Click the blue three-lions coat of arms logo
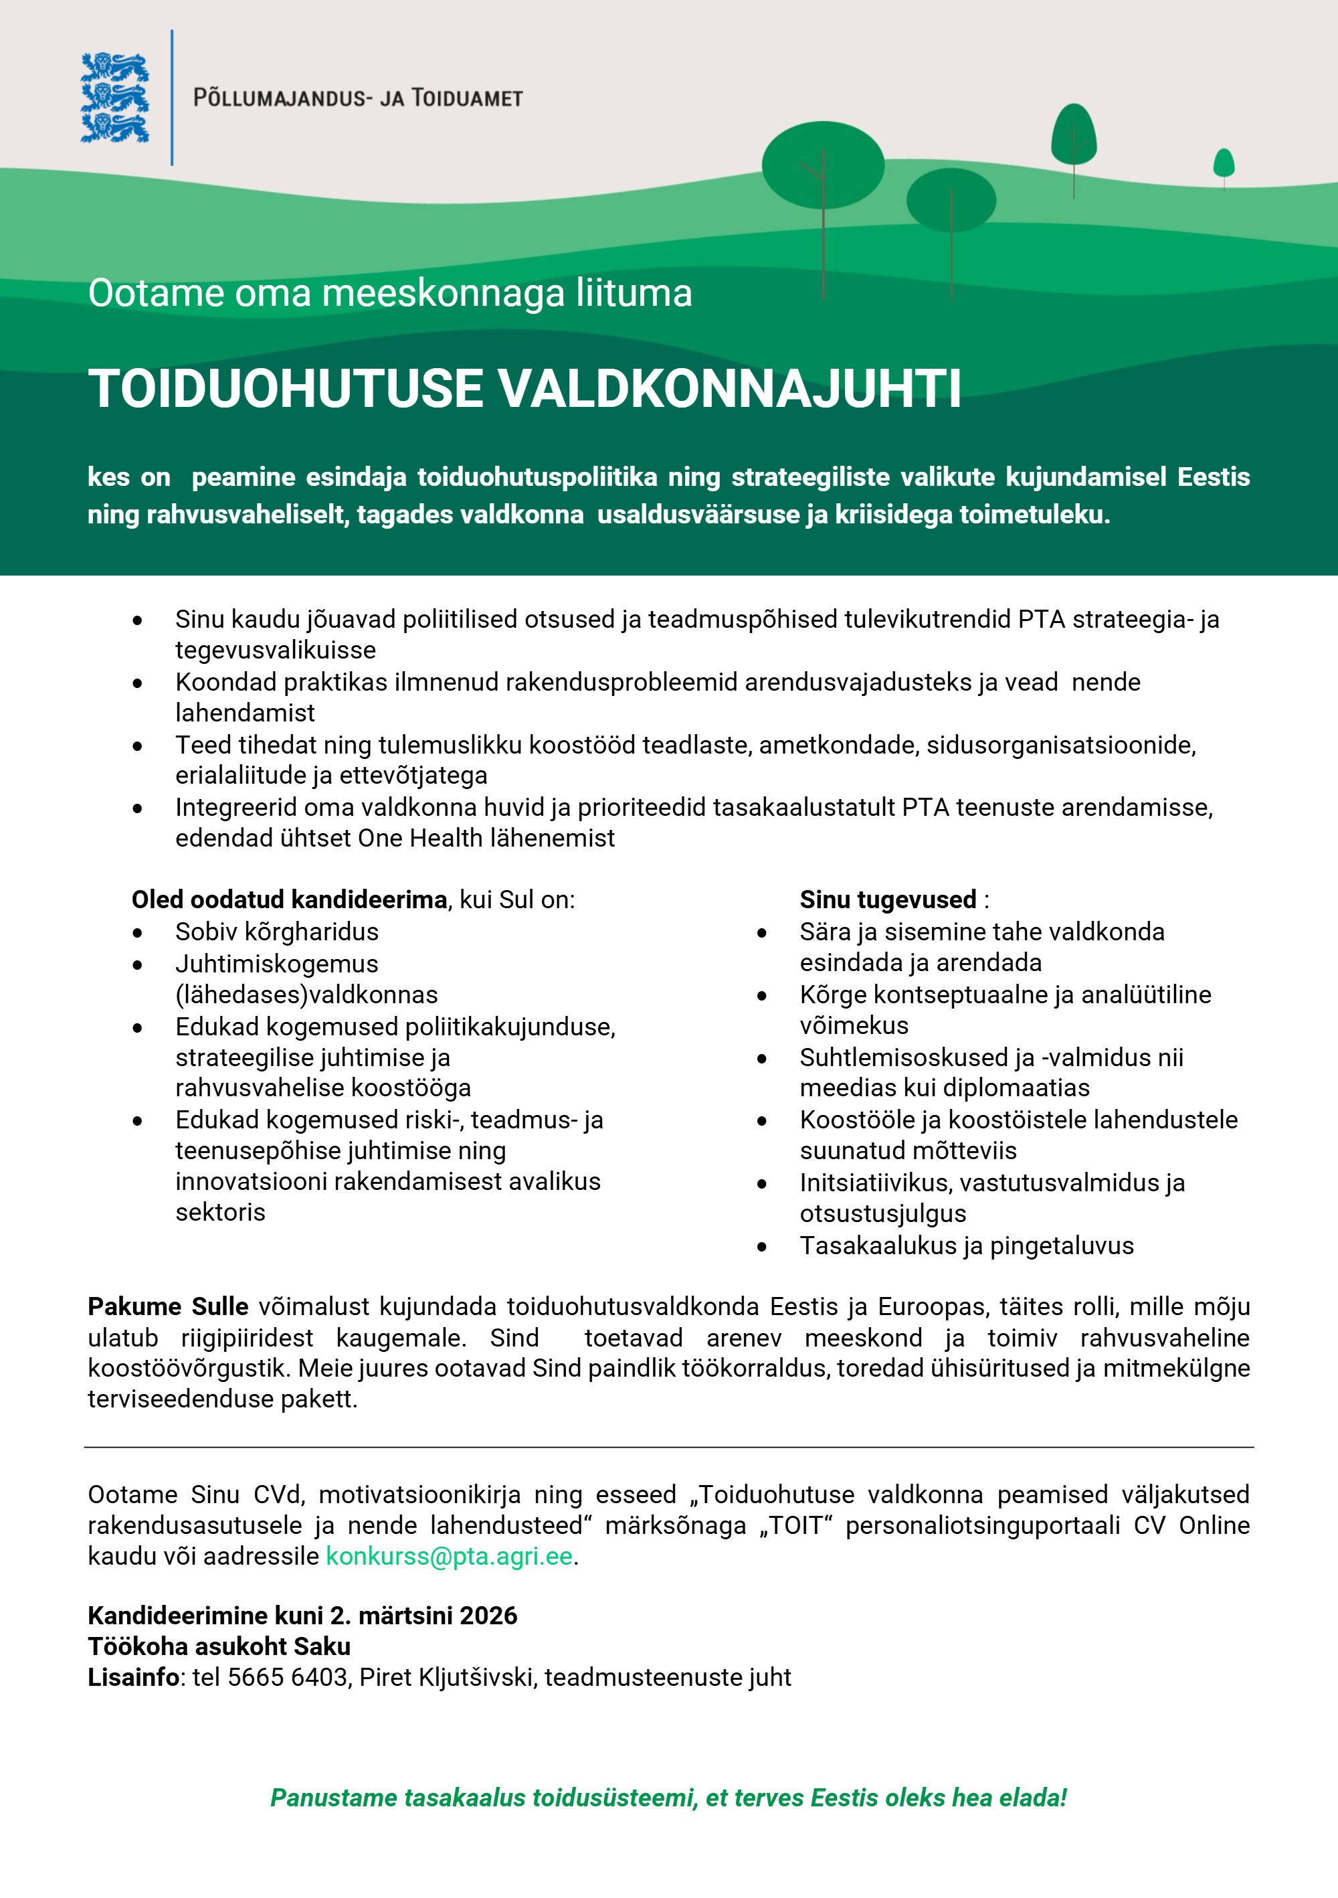point(115,98)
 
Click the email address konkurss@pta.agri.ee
point(449,1556)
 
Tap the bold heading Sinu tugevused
point(888,899)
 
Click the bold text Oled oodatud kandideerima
point(289,899)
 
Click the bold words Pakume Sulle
point(168,1307)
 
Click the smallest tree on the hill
point(1223,162)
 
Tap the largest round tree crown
point(822,165)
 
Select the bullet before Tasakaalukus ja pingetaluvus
point(762,1247)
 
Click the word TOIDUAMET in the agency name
point(467,98)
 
